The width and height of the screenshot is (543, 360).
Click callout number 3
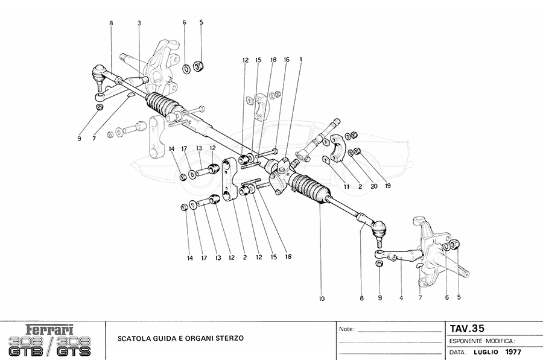pos(139,23)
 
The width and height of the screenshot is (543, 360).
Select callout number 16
pos(287,60)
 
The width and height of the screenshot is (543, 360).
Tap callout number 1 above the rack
pos(300,60)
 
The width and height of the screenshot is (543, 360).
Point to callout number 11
pos(347,186)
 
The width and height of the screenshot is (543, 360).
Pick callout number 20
pos(374,186)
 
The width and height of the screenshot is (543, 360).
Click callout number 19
pos(387,186)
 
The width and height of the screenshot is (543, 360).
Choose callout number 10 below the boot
pos(322,298)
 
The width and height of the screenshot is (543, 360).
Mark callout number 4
pos(401,298)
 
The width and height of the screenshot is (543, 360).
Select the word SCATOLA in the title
pos(133,339)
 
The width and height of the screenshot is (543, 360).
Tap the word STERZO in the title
pos(230,339)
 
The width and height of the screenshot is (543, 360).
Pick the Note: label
pos(347,330)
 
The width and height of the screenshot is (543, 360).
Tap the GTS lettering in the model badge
pos(75,350)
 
